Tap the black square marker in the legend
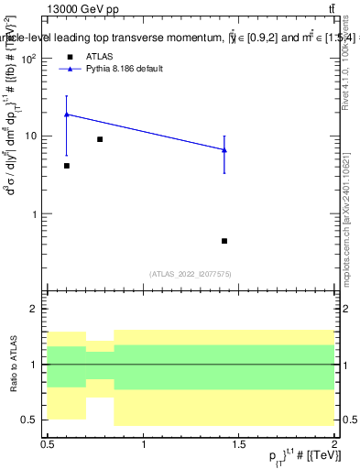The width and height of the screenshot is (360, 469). coord(70,56)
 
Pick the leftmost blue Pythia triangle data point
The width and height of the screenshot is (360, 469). coord(67,115)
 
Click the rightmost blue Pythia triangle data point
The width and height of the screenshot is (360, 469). coord(224,149)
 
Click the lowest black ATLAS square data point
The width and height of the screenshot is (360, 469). coord(224,241)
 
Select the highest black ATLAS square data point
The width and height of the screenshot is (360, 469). coord(100,139)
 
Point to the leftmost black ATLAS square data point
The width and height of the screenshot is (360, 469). coord(67,166)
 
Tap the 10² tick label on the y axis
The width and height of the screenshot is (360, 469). coord(30,59)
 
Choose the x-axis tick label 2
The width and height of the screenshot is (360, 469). coord(334,444)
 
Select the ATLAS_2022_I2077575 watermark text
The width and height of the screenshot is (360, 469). coord(191,273)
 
